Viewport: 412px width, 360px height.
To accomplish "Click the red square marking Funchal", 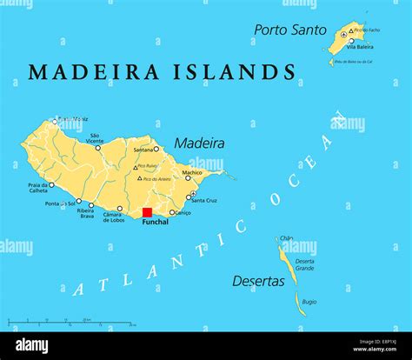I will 147,212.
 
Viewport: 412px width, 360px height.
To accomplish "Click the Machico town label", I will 191,172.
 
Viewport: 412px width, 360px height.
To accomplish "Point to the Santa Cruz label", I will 204,201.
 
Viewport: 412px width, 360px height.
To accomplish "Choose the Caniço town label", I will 181,212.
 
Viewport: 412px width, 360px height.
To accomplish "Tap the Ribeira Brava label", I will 85,213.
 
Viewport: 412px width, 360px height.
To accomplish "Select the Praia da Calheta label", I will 37,189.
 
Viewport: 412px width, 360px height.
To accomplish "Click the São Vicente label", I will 95,138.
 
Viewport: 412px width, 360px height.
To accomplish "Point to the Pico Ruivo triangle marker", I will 136,166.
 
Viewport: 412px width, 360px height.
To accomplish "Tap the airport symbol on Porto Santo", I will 344,34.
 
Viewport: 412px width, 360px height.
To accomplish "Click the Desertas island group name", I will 258,281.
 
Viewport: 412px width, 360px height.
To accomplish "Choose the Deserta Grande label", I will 304,264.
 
